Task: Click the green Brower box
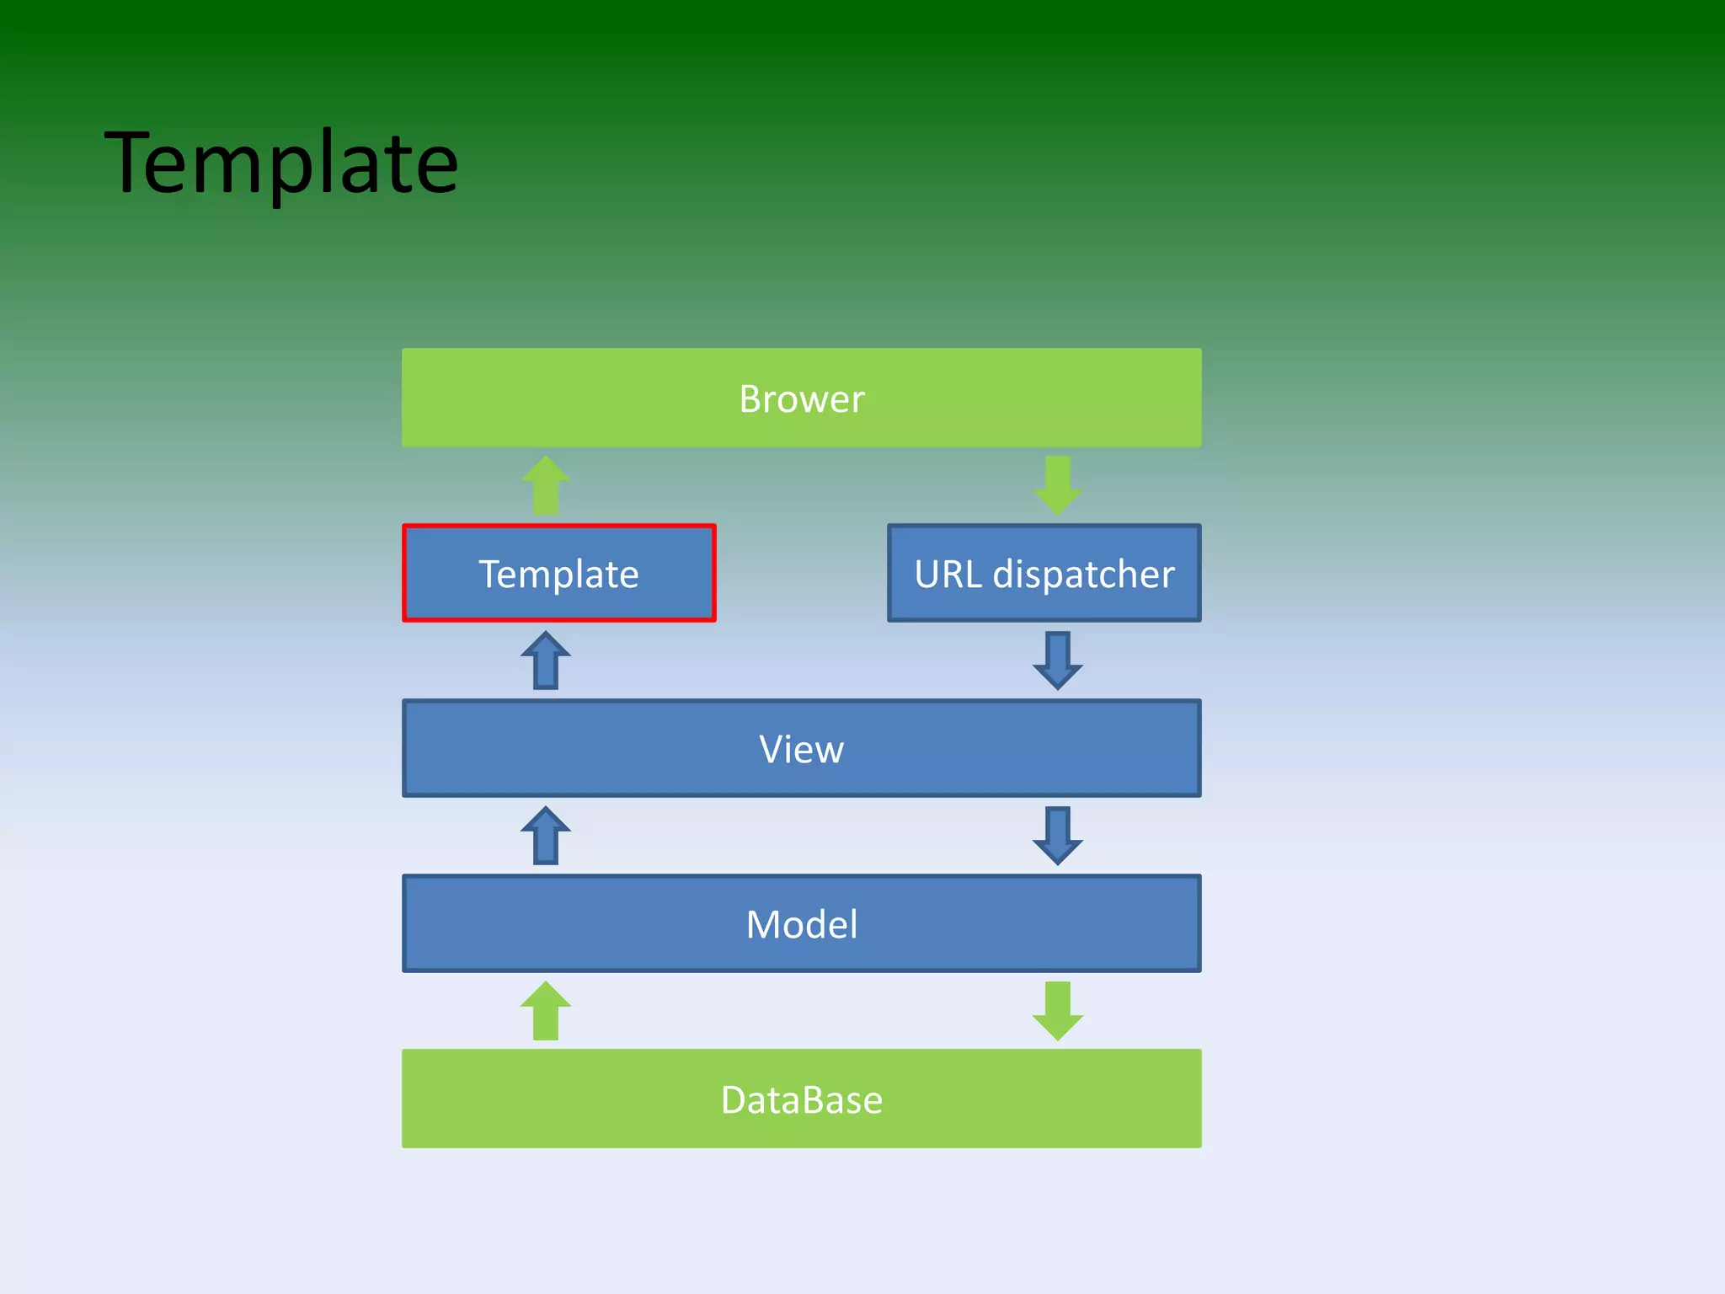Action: pos(590,398)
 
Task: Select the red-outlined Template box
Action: pos(558,574)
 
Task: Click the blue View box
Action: pos(590,748)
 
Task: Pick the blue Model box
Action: pos(590,923)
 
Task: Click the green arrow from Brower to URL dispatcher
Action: pos(1057,485)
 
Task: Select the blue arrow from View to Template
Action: pos(546,661)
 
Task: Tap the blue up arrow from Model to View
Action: pos(546,836)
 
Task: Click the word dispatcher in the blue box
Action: pos(1083,575)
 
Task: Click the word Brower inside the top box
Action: pos(801,398)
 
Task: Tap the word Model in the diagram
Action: pos(801,924)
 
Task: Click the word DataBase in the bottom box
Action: pos(801,1099)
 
